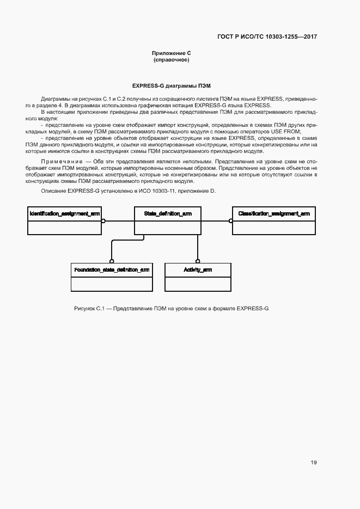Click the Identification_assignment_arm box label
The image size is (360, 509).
(64, 214)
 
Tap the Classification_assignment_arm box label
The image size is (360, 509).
(274, 214)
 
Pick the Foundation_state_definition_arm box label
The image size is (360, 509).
(111, 269)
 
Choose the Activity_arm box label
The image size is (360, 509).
(198, 269)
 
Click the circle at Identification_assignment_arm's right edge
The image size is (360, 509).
(103, 221)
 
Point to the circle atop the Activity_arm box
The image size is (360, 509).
(198, 261)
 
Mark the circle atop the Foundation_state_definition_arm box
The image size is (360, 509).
(111, 261)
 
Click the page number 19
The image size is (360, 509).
(314, 463)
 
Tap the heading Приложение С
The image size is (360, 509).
(171, 53)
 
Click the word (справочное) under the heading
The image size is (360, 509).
(171, 59)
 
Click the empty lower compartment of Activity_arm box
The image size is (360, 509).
(198, 284)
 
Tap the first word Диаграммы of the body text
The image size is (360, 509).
(55, 99)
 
